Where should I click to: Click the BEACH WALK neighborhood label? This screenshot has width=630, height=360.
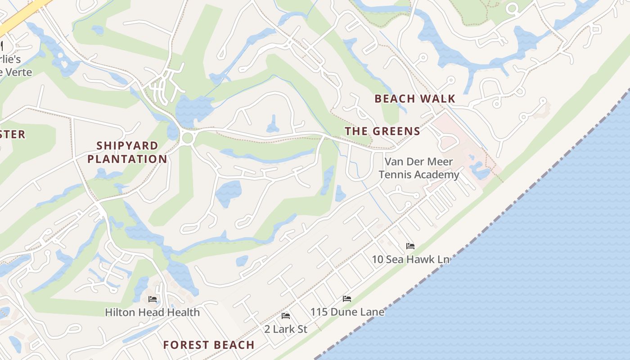[414, 99]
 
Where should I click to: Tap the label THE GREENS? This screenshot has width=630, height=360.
[382, 131]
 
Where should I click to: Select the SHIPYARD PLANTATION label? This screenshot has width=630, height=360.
[127, 152]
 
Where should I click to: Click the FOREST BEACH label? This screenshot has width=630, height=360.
[209, 345]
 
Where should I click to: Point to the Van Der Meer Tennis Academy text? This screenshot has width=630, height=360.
[418, 168]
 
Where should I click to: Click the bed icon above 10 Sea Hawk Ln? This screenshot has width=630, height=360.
[410, 246]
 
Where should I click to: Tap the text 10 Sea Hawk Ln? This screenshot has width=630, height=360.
[410, 259]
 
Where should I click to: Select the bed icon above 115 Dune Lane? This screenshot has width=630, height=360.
[346, 299]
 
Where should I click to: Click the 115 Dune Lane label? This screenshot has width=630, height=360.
[347, 312]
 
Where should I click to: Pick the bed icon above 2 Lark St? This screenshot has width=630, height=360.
[285, 316]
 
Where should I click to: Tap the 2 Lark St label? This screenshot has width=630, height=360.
[286, 329]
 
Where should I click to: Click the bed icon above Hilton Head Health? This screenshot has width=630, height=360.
[153, 299]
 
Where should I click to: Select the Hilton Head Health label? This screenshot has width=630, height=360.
[152, 312]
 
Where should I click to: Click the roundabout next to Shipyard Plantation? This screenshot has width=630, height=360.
[188, 138]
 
